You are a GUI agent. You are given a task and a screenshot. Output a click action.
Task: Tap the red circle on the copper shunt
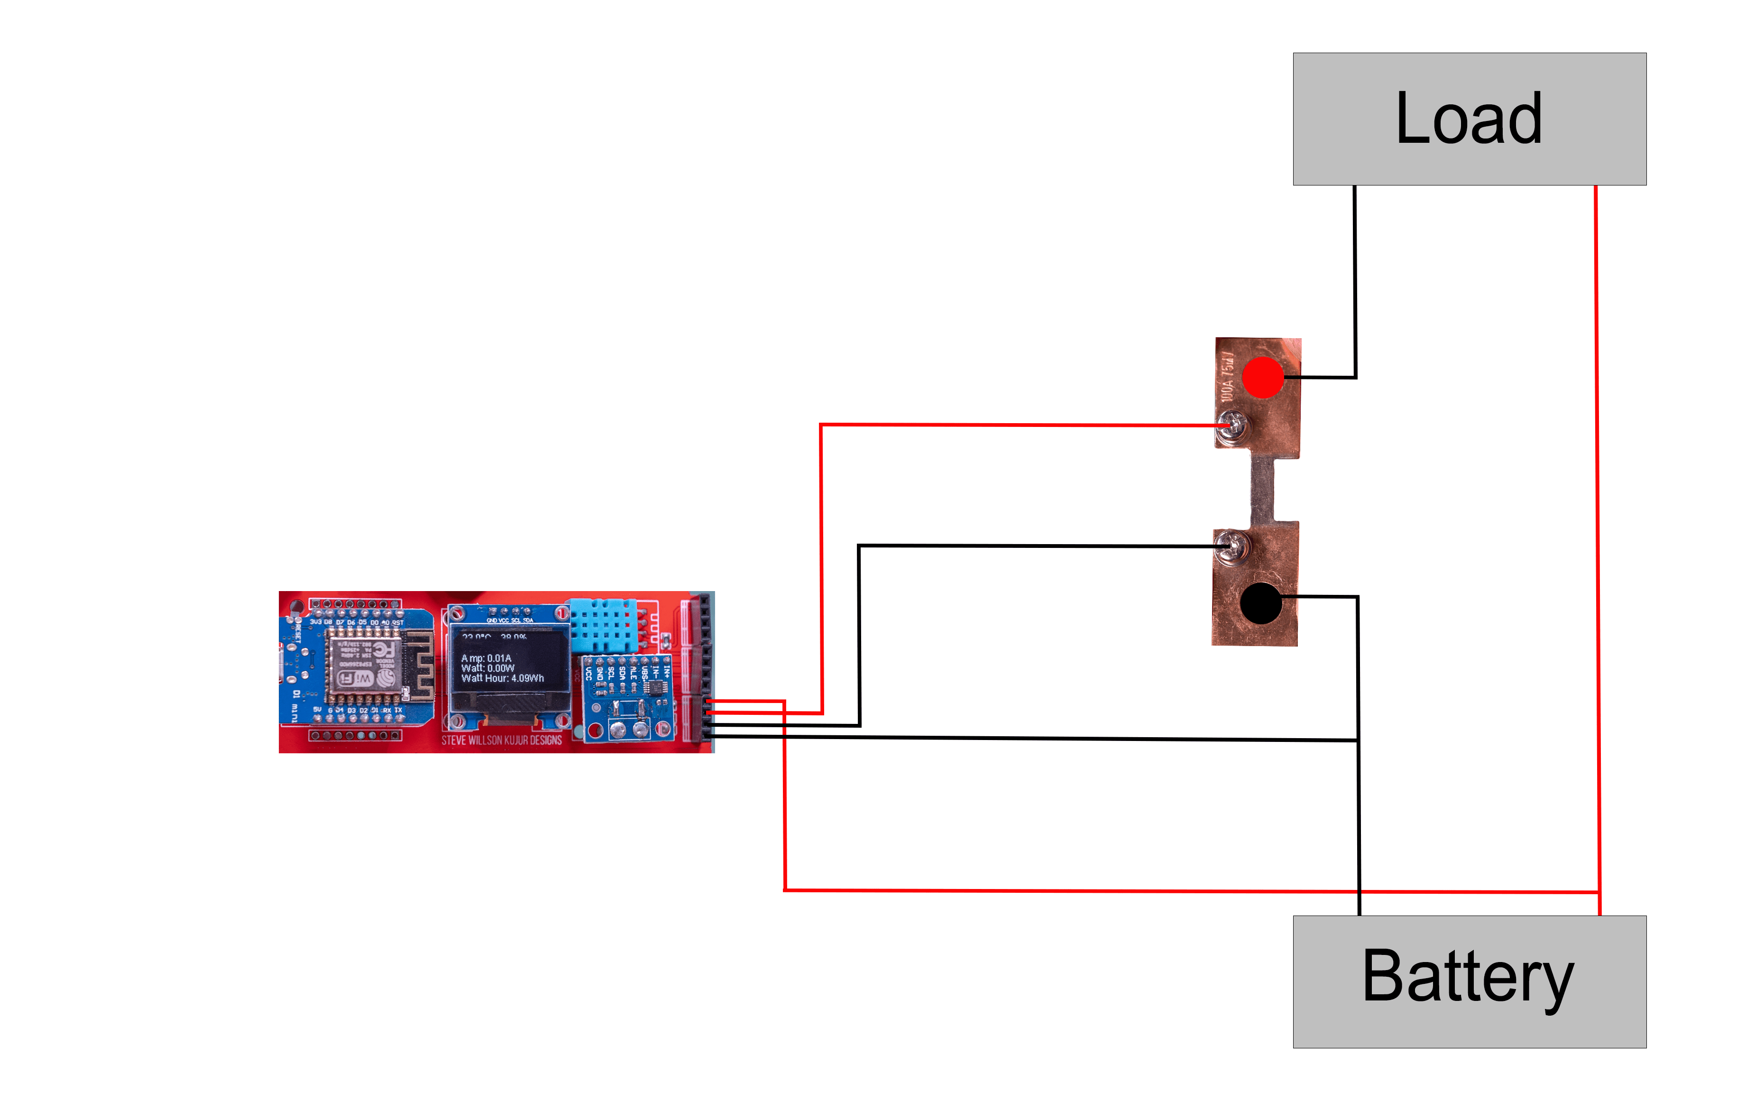(x=1262, y=377)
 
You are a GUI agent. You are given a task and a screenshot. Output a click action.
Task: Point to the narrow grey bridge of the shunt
(x=1262, y=489)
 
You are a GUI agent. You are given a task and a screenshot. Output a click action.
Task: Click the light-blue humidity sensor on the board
(x=604, y=626)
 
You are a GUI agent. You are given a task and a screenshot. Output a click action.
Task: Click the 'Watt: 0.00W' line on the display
(x=487, y=668)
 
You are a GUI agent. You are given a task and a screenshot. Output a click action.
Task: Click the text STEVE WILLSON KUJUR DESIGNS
(x=501, y=741)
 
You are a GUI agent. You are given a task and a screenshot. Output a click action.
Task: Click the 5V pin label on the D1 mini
(x=317, y=709)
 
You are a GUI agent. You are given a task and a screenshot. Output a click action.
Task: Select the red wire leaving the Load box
(x=1596, y=510)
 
